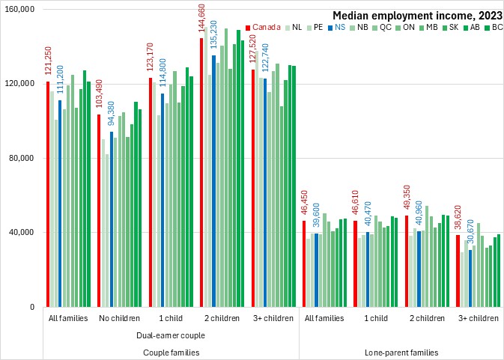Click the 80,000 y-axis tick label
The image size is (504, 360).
coord(22,158)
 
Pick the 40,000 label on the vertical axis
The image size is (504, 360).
coord(22,232)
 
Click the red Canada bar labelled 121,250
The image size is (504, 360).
coord(47,195)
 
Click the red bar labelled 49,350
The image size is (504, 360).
coord(407,261)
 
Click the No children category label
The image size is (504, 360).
coord(119,318)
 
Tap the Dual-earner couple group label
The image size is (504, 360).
coord(170,335)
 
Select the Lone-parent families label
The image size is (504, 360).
coord(401,352)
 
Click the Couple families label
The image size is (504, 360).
coord(170,352)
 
